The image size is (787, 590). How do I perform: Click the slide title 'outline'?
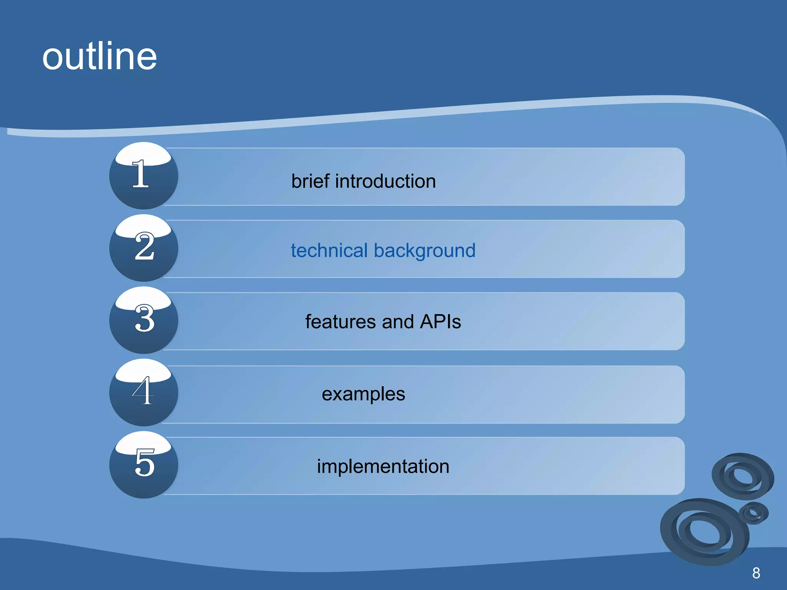100,57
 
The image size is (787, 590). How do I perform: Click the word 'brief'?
310,181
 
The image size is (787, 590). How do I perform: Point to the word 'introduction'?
385,181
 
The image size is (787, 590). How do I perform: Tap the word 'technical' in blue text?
329,250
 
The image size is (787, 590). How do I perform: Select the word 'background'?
425,251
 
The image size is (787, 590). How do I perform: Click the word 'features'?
340,322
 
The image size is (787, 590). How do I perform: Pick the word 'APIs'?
440,322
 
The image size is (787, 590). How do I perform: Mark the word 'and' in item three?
398,322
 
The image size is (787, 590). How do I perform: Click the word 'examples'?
363,394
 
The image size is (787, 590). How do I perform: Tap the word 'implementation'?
383,466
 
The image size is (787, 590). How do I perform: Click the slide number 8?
756,573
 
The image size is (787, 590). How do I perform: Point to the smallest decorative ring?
753,512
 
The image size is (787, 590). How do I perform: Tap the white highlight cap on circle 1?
143,154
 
